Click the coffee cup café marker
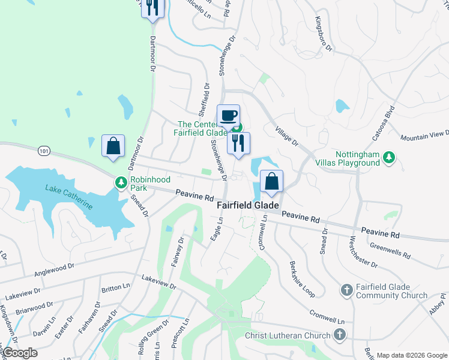[228, 115]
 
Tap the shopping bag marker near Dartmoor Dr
[113, 146]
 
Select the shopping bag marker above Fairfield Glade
[271, 181]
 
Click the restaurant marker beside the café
[238, 143]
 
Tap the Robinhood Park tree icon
[121, 182]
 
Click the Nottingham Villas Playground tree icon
[390, 157]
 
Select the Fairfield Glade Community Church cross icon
[346, 290]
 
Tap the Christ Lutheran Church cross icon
[340, 335]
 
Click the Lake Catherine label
[69, 196]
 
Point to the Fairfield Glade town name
[247, 205]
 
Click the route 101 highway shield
[43, 151]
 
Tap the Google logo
[20, 353]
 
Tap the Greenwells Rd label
[390, 250]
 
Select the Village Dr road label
[286, 136]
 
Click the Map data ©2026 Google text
[411, 355]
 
